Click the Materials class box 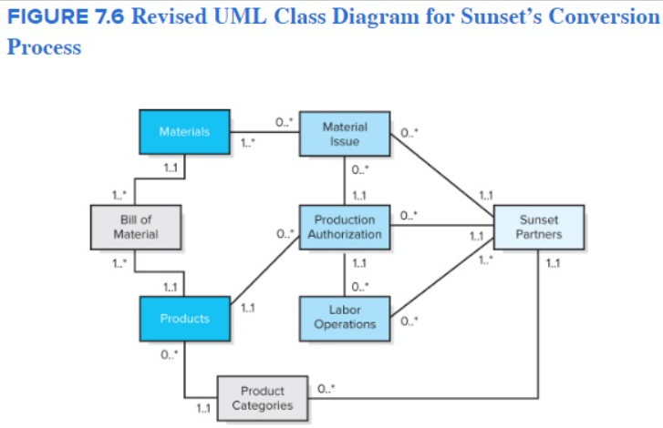pos(184,131)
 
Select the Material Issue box pos(345,135)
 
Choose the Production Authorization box pos(344,227)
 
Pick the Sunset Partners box pos(538,227)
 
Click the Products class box pos(184,319)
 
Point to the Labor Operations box pos(344,318)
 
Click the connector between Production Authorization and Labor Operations pos(345,273)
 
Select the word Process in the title pos(43,47)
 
